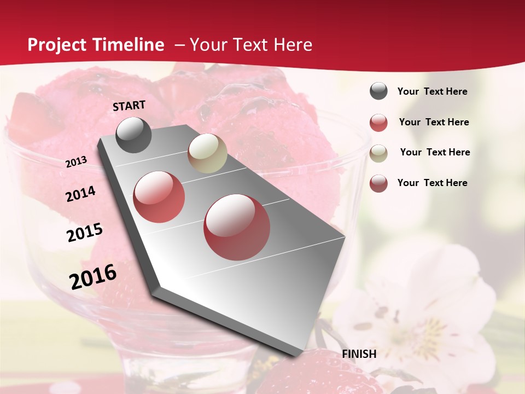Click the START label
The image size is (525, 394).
[129, 106]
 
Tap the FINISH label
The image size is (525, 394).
[359, 354]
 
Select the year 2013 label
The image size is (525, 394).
[76, 162]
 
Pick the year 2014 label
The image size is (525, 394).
[80, 194]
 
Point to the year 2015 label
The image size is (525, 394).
[85, 233]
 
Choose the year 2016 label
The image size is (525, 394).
[93, 276]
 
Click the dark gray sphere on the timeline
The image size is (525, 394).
[133, 135]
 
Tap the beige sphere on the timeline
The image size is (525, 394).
[207, 153]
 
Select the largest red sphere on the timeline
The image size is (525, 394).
[237, 227]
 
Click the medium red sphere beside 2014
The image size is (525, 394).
[159, 196]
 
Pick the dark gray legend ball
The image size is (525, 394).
[378, 91]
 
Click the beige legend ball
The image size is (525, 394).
[378, 153]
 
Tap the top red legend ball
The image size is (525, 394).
[378, 123]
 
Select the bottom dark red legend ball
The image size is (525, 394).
[378, 183]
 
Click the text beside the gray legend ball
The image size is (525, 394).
[432, 91]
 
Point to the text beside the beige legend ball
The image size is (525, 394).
[435, 152]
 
